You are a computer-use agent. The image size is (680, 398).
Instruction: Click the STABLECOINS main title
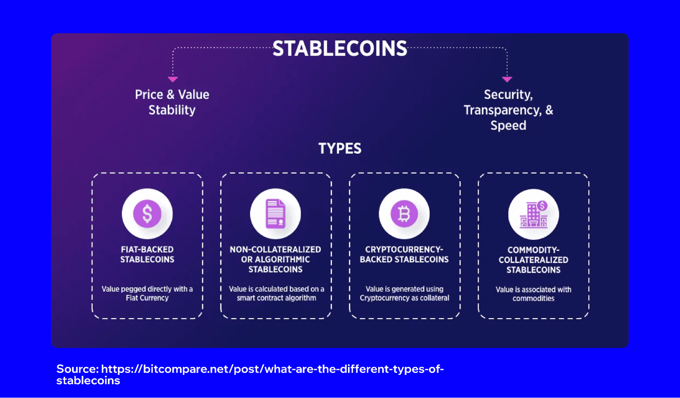[x=339, y=49]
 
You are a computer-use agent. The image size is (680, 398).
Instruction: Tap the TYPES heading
[x=339, y=149]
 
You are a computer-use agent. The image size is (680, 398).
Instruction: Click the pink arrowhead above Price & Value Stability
[x=173, y=79]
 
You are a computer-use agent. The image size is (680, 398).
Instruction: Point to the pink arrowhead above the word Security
[x=507, y=79]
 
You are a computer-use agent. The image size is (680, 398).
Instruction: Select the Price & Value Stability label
[x=172, y=102]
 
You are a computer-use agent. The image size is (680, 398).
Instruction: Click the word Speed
[x=508, y=125]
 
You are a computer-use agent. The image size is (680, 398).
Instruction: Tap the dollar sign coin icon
[x=147, y=214]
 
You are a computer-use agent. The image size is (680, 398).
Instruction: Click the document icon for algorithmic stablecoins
[x=276, y=214]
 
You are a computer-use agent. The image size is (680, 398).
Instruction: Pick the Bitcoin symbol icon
[x=404, y=214]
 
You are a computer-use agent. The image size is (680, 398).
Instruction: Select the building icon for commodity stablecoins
[x=533, y=214]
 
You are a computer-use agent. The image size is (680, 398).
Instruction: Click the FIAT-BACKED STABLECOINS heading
[x=147, y=254]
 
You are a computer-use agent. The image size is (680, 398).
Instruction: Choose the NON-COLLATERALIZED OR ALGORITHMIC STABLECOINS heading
[x=276, y=259]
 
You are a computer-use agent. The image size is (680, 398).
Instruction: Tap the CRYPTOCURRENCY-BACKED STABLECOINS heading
[x=404, y=254]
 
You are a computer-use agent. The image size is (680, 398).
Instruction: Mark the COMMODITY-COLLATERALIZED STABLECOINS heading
[x=533, y=260]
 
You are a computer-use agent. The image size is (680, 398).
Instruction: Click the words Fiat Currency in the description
[x=147, y=298]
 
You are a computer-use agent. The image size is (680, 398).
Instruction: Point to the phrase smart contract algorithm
[x=276, y=298]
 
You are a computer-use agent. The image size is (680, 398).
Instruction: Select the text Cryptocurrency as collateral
[x=404, y=298]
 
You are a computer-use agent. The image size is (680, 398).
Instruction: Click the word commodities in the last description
[x=533, y=298]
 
